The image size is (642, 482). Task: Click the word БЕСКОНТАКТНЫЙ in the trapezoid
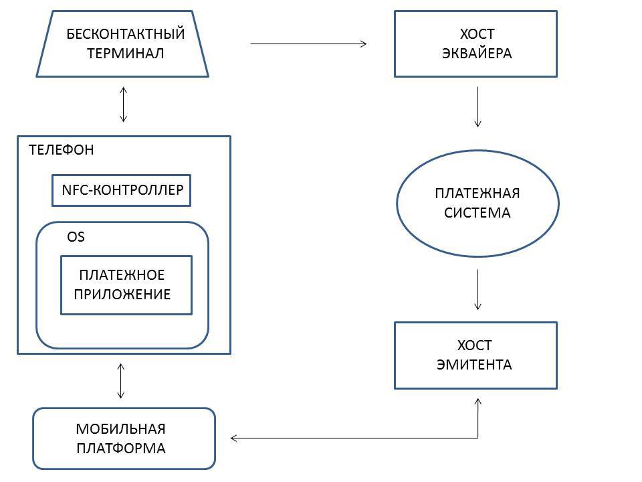(x=125, y=33)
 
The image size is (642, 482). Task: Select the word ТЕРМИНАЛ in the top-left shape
(x=125, y=54)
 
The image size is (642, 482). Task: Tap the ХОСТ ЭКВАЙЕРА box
(x=475, y=44)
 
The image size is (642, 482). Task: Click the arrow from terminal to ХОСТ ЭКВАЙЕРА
(x=308, y=44)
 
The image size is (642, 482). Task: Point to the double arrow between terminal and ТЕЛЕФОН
(x=123, y=104)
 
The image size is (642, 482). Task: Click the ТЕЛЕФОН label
(x=62, y=150)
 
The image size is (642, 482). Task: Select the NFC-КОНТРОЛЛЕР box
(x=122, y=190)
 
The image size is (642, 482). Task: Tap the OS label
(x=76, y=237)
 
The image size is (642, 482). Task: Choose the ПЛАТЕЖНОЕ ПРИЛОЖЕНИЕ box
(x=126, y=285)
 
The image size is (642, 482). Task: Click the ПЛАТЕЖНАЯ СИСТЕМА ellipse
(x=477, y=203)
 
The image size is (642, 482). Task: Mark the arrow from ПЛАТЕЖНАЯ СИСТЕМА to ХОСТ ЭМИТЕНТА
(x=477, y=289)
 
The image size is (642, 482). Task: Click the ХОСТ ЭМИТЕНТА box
(x=475, y=355)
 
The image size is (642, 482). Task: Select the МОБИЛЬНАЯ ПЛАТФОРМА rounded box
(x=124, y=438)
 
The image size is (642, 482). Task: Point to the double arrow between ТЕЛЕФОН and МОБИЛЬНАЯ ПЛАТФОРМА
(x=121, y=381)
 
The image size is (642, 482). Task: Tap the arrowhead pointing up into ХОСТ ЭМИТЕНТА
(x=478, y=400)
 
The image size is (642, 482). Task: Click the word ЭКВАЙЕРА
(x=477, y=54)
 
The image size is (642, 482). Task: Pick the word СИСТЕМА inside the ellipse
(x=477, y=213)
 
